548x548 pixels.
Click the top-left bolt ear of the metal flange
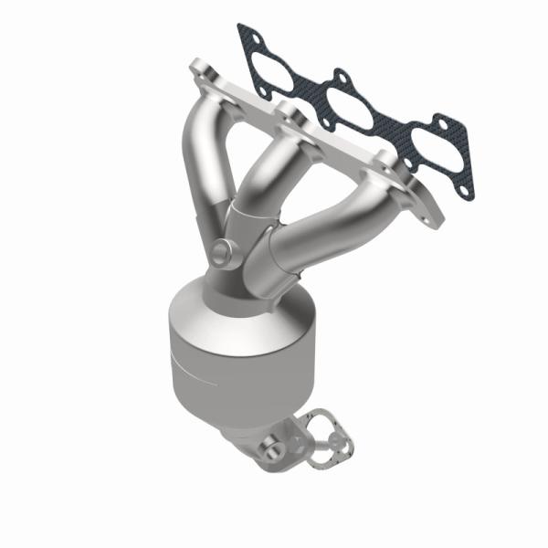pyautogui.click(x=199, y=68)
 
